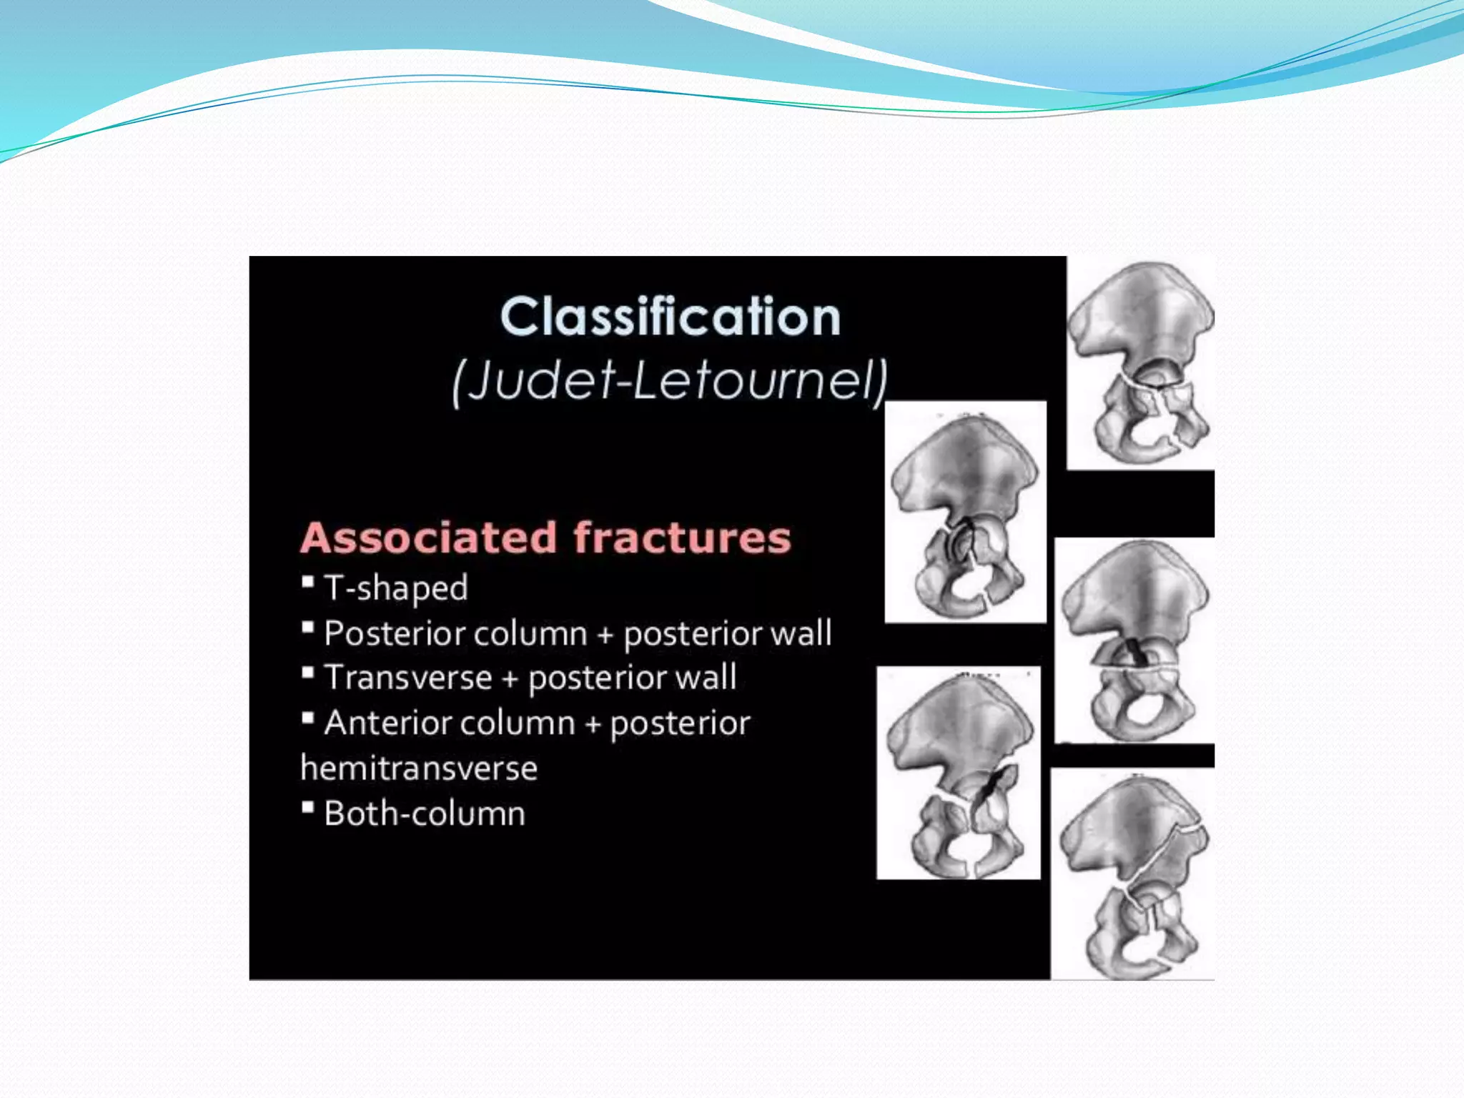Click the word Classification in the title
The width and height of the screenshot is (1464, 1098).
tap(670, 317)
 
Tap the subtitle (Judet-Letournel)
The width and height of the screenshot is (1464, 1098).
tap(670, 380)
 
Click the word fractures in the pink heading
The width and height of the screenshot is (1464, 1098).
tap(682, 538)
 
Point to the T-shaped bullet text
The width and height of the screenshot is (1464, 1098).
tap(395, 588)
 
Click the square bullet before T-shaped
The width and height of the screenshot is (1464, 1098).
tap(308, 582)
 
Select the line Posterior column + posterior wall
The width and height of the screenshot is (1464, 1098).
tap(577, 634)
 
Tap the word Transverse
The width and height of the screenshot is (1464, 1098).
tap(407, 678)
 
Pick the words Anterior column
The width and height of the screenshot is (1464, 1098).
tap(449, 723)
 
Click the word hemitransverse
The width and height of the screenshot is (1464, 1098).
tap(419, 768)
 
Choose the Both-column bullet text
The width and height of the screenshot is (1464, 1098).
tap(424, 813)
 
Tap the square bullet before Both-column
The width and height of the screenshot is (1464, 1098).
tap(308, 808)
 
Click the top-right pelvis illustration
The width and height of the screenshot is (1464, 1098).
tap(1140, 362)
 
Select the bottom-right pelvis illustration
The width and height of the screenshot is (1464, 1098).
tap(1132, 874)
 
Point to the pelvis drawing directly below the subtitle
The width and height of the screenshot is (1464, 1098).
tap(965, 513)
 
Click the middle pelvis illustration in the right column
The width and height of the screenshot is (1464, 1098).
tap(1134, 640)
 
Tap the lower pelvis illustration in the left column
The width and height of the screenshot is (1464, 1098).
tap(958, 773)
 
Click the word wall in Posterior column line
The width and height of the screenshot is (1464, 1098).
tap(806, 634)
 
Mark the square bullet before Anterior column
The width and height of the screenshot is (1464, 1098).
tap(308, 717)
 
